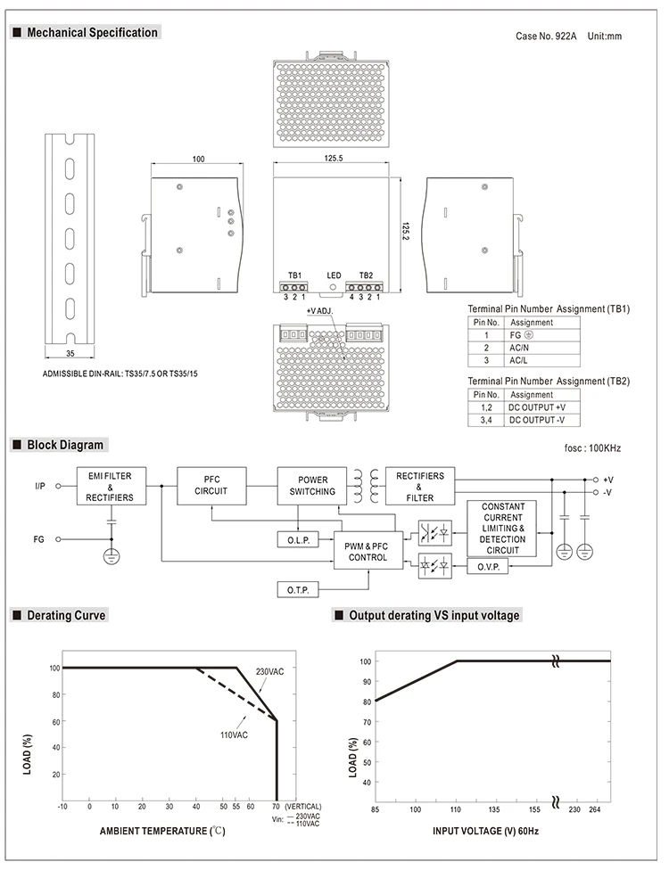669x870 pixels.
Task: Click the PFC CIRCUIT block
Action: pos(211,486)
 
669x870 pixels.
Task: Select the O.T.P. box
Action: pos(298,589)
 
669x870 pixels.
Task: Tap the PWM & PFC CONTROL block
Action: pos(368,552)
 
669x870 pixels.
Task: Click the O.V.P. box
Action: pos(488,567)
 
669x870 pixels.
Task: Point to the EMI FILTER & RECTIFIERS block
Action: pos(111,486)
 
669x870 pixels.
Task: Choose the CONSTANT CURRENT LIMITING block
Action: pos(502,529)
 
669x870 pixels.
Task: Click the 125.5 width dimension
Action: pos(334,158)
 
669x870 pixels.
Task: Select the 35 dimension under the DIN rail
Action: pos(70,353)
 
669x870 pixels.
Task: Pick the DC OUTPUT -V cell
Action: pos(536,420)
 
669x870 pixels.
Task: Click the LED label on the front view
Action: pos(334,275)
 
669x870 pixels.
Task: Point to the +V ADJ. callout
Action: pos(319,311)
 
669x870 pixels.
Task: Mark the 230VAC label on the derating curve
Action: pos(269,671)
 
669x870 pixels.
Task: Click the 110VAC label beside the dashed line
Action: pos(234,735)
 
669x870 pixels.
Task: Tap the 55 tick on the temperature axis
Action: pos(236,806)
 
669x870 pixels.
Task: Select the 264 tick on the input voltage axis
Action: pos(595,809)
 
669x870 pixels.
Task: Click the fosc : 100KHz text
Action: pos(592,447)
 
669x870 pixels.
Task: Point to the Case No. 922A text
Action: pos(546,36)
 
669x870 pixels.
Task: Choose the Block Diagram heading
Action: pos(65,445)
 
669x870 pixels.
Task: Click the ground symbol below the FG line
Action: pos(111,556)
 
